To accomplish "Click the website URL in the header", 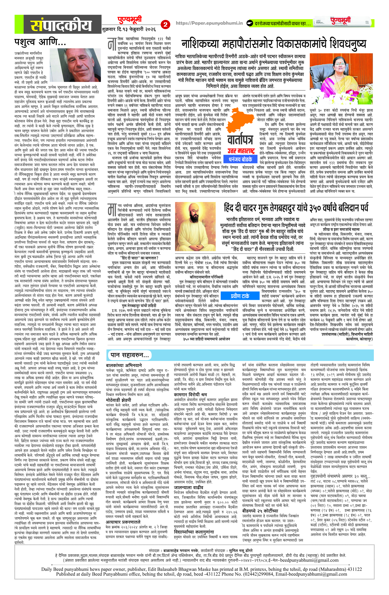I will click(209, 23).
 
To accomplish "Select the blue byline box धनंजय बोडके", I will click(240, 159).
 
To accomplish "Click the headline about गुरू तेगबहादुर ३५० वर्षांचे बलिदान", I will click(296, 208).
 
